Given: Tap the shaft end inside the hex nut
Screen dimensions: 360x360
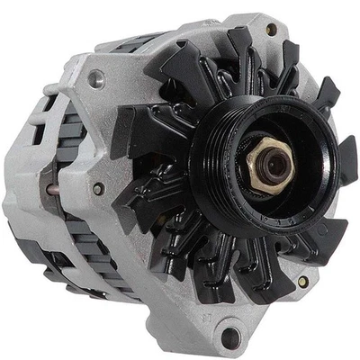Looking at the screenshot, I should coord(267,164).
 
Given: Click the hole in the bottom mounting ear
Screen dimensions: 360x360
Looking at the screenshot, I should coord(231,337).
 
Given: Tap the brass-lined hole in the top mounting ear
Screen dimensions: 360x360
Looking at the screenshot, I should coord(271,30).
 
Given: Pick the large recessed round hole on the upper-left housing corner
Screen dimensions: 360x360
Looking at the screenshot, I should coord(96,79).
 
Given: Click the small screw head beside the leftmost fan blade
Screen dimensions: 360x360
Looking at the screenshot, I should coord(98,189).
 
